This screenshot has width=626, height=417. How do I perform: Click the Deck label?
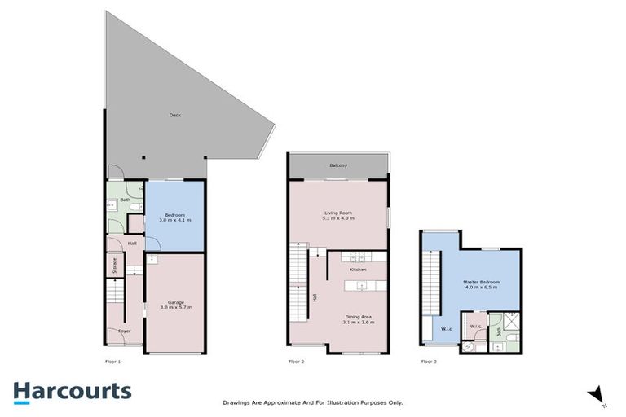pyautogui.click(x=174, y=115)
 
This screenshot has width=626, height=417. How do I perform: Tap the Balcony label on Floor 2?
pyautogui.click(x=338, y=165)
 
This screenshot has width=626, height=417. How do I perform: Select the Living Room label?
pyautogui.click(x=337, y=213)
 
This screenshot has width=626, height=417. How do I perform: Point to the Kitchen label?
pyautogui.click(x=358, y=269)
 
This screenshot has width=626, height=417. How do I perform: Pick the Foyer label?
pyautogui.click(x=125, y=331)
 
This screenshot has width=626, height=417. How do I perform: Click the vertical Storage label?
pyautogui.click(x=115, y=266)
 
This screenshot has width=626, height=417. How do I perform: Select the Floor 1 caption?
pyautogui.click(x=112, y=361)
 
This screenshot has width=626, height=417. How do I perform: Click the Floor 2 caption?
pyautogui.click(x=296, y=361)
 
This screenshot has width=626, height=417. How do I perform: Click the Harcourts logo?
pyautogui.click(x=72, y=391)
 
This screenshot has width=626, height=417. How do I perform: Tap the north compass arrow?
pyautogui.click(x=597, y=394)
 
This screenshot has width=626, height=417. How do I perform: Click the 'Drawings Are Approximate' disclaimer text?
pyautogui.click(x=313, y=402)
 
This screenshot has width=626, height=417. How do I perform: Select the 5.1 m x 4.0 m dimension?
pyautogui.click(x=337, y=217)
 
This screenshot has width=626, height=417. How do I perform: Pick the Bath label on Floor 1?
pyautogui.click(x=126, y=200)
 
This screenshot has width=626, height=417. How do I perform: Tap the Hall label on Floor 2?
pyautogui.click(x=315, y=298)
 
